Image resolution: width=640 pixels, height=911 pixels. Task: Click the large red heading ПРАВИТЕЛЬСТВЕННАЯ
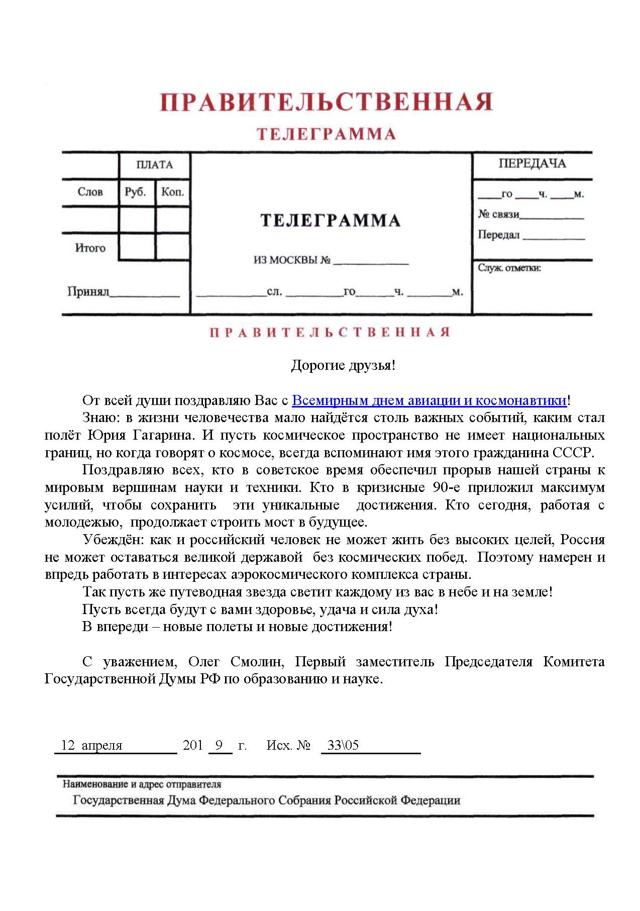click(326, 102)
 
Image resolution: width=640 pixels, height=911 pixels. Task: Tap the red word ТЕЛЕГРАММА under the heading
click(326, 134)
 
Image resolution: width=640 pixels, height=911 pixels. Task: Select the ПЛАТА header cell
click(154, 165)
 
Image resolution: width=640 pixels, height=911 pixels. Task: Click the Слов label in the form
click(90, 192)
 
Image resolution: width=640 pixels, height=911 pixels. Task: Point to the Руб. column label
click(135, 192)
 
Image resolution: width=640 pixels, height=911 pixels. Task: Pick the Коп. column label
click(172, 192)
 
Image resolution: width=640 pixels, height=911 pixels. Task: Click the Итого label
click(90, 248)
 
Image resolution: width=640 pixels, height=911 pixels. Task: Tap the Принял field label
click(88, 291)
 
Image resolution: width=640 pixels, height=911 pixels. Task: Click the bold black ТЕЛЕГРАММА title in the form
click(330, 221)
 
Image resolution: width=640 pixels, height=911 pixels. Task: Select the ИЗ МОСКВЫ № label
click(291, 260)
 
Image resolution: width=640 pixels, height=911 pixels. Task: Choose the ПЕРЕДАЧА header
click(532, 164)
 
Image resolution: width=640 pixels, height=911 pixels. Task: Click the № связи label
click(498, 215)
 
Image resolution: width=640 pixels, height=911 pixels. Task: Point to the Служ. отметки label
click(509, 268)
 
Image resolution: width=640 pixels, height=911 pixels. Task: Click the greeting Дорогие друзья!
click(343, 365)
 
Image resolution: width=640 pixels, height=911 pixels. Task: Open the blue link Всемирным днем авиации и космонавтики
click(429, 400)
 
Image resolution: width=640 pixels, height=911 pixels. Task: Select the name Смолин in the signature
click(257, 662)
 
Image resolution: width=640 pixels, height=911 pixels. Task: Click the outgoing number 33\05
click(343, 745)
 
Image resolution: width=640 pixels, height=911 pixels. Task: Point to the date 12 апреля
click(91, 745)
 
